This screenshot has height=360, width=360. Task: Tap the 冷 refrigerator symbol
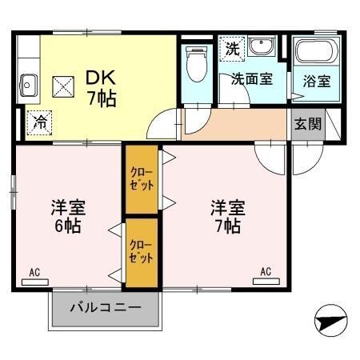[x=39, y=123]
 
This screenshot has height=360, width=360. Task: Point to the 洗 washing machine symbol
[x=231, y=47]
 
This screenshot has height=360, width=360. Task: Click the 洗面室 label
[x=251, y=80]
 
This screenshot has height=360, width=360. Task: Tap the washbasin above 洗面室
[x=261, y=47]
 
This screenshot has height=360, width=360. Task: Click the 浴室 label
[x=315, y=82]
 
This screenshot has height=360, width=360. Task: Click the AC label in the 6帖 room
[x=34, y=273]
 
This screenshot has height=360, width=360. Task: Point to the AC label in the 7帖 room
[x=265, y=273]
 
